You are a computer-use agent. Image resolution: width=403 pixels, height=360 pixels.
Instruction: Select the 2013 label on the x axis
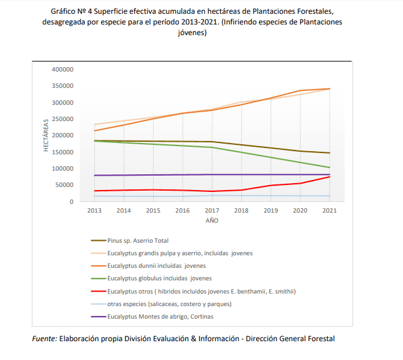click(94, 211)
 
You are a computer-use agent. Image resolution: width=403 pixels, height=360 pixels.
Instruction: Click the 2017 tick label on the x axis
click(212, 211)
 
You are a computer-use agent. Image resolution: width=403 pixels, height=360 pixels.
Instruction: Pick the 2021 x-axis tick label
click(329, 211)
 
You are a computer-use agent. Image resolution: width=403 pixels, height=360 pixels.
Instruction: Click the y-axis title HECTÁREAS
click(46, 135)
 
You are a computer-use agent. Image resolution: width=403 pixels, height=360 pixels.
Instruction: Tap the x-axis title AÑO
click(212, 221)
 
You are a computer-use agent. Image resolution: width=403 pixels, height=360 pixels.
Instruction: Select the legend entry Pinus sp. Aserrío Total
click(138, 240)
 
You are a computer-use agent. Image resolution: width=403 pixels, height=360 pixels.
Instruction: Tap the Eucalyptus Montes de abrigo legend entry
click(160, 316)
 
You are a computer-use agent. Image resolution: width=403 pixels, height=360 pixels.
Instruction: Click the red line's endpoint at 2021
click(330, 177)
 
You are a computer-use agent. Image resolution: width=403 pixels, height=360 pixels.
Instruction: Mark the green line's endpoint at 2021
click(330, 167)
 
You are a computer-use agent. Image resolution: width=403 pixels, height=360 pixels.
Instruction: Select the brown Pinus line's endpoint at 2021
click(330, 153)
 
